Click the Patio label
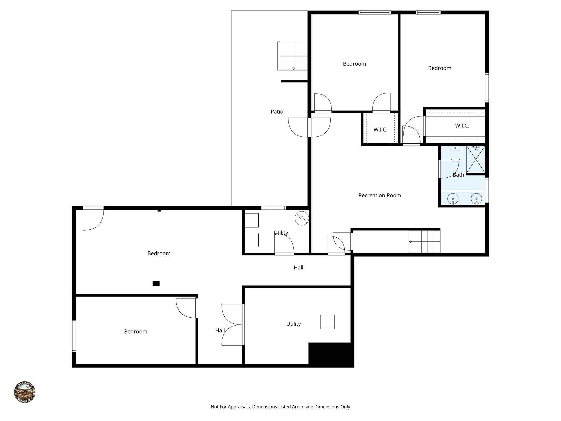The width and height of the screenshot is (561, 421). pyautogui.click(x=277, y=112)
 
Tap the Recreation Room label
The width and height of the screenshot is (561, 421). pyautogui.click(x=379, y=195)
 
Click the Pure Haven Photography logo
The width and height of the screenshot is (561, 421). pyautogui.click(x=25, y=392)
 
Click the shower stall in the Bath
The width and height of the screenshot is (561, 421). pyautogui.click(x=476, y=159)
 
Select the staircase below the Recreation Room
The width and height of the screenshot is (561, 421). pyautogui.click(x=424, y=241)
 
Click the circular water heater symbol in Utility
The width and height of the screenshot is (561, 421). pyautogui.click(x=302, y=218)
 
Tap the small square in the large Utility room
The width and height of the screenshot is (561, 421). pyautogui.click(x=327, y=322)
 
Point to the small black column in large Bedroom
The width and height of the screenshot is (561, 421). pyautogui.click(x=156, y=283)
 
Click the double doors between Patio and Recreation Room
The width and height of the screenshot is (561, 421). pyautogui.click(x=309, y=127)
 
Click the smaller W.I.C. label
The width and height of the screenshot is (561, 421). pyautogui.click(x=380, y=130)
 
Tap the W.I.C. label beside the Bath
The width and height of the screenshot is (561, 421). pyautogui.click(x=462, y=126)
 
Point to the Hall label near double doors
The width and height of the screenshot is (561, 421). pyautogui.click(x=220, y=331)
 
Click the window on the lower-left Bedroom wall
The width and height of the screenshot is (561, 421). pyautogui.click(x=74, y=336)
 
